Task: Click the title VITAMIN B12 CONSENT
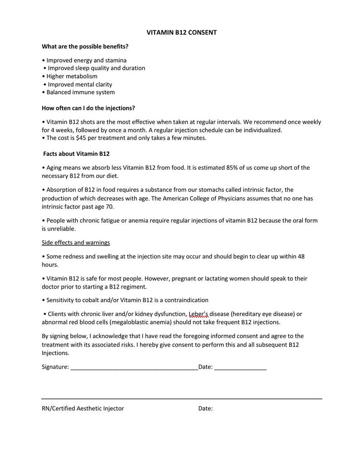pyautogui.click(x=181, y=33)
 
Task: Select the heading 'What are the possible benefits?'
pyautogui.click(x=85, y=46)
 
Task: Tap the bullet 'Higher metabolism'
pyautogui.click(x=72, y=76)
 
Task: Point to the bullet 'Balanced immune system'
pyautogui.click(x=80, y=92)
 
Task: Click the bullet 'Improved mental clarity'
pyautogui.click(x=80, y=84)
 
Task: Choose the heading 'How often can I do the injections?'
pyautogui.click(x=88, y=108)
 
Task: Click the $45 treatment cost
pyautogui.click(x=82, y=138)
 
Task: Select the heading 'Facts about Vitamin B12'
pyautogui.click(x=76, y=154)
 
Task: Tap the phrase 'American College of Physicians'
pyautogui.click(x=214, y=198)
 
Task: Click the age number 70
pyautogui.click(x=110, y=206)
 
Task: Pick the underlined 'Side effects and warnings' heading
pyautogui.click(x=76, y=243)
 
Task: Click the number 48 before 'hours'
pyautogui.click(x=300, y=256)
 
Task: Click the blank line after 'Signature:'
pyautogui.click(x=134, y=368)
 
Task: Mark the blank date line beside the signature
pyautogui.click(x=240, y=368)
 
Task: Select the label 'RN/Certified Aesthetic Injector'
pyautogui.click(x=83, y=408)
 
